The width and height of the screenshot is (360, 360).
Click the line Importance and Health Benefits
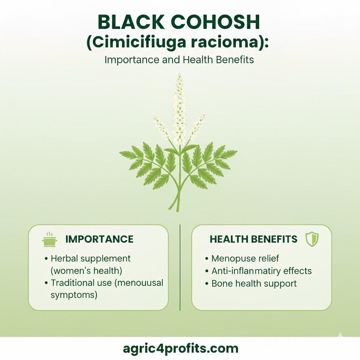pos(179,60)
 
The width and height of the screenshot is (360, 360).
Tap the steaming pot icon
pos(49,239)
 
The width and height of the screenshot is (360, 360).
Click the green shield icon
pos(312,239)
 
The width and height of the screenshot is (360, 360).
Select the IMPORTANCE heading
pos(99,239)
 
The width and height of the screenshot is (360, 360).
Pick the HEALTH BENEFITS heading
pos(253,239)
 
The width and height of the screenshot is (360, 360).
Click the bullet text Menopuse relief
pos(245,258)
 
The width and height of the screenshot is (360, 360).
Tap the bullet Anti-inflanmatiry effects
pos(262,271)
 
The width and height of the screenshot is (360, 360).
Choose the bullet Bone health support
pos(254,284)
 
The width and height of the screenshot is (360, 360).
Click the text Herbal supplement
pos(90,259)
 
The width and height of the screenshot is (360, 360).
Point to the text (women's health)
pos(86,271)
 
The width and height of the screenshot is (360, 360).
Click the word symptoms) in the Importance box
pos(74,295)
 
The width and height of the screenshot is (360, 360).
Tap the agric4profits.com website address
pos(180,348)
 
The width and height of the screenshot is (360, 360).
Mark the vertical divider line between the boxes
pos(180,268)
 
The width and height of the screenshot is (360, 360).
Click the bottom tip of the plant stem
pos(178,211)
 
